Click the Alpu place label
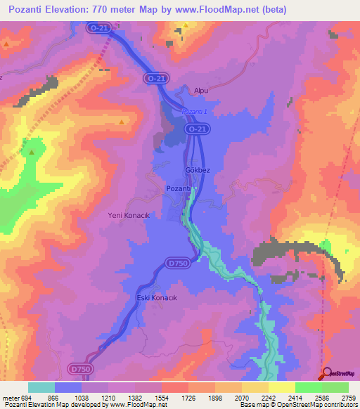(202, 91)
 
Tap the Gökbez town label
(198, 171)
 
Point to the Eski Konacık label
(155, 298)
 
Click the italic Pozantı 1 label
(197, 112)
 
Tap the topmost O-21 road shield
(98, 27)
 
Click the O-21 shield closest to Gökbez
(198, 130)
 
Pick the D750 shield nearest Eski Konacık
(178, 263)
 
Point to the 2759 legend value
(349, 396)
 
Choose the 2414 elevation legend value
(281, 396)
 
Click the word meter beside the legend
(11, 396)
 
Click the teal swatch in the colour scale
(41, 387)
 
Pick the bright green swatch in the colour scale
(309, 387)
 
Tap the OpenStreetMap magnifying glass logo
(326, 375)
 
